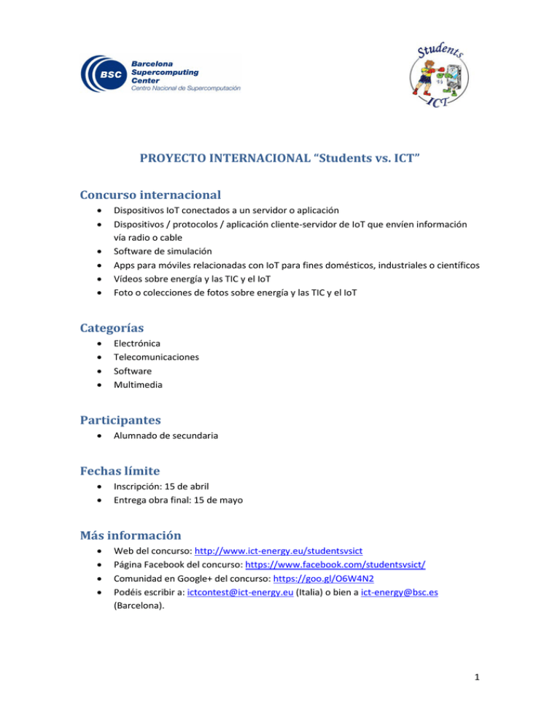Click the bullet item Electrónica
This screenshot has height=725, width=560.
[137, 343]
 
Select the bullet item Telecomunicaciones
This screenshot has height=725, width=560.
[156, 357]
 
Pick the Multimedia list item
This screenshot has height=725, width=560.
[138, 384]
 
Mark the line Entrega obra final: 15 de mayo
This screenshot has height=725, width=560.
[178, 500]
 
